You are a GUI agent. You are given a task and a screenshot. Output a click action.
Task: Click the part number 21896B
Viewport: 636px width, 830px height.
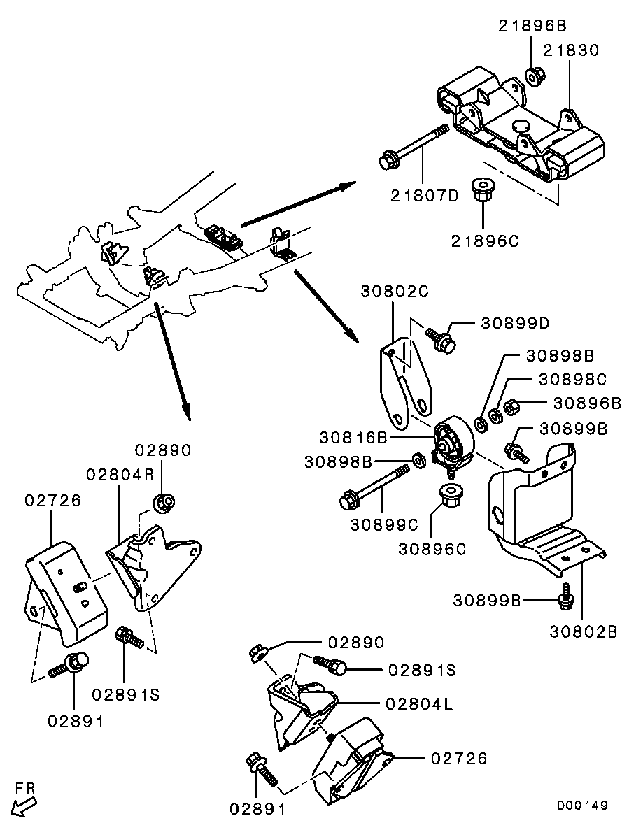532,27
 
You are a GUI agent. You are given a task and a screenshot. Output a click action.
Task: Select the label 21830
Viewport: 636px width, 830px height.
570,50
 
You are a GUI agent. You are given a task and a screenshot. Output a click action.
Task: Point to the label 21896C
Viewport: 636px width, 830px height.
486,241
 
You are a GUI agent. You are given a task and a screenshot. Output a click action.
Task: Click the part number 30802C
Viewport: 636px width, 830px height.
394,291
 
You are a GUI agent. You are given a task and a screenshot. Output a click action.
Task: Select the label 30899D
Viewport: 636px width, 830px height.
514,323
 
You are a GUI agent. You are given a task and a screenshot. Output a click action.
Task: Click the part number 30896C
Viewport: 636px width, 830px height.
432,549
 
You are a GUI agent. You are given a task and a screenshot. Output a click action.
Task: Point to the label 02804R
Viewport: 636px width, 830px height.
120,474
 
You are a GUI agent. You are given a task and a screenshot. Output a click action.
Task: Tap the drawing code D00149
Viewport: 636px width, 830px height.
582,806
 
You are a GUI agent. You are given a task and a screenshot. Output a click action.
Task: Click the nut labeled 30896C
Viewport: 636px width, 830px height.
446,497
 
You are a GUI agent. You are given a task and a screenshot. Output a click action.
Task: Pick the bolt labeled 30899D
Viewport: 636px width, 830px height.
440,338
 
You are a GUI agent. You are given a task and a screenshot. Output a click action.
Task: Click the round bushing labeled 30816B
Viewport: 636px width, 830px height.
453,443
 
